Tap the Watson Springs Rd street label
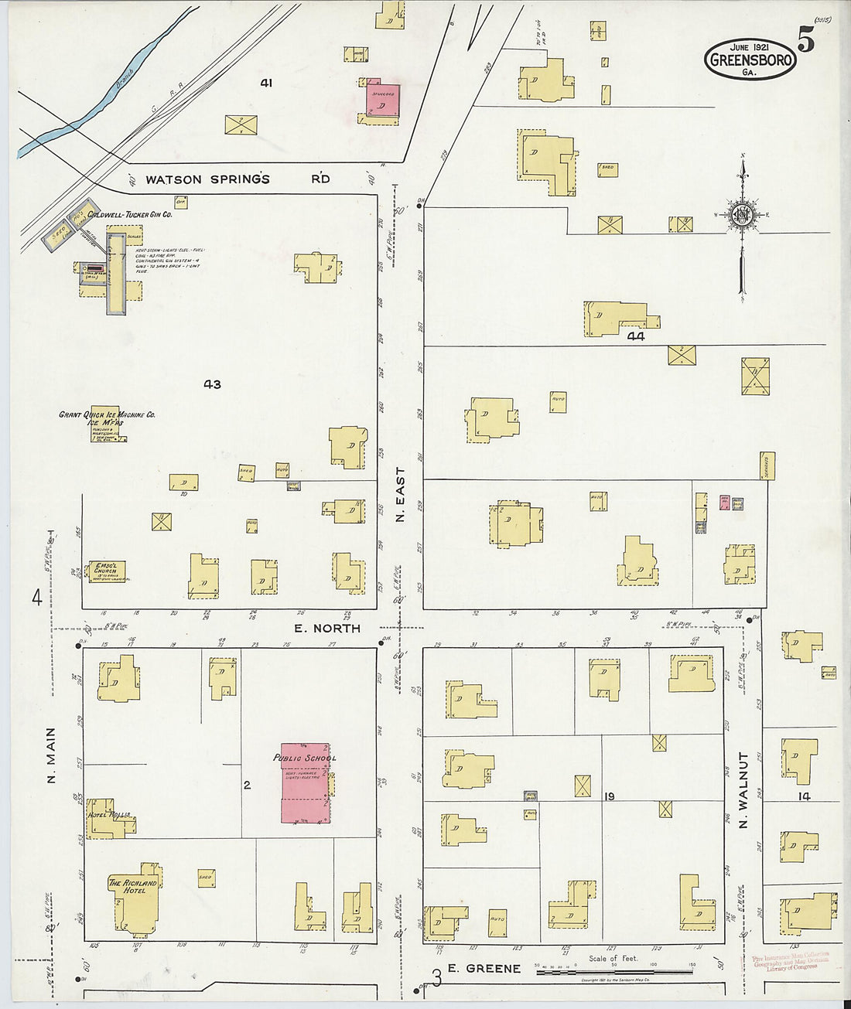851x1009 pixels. coord(238,179)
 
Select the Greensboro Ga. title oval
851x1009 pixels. coord(750,59)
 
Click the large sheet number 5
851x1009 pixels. coord(805,40)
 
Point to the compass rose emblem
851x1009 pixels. coord(742,215)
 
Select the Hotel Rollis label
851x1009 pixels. coord(108,815)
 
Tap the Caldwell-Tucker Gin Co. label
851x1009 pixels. coord(129,214)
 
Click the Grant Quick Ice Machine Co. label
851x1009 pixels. coord(107,415)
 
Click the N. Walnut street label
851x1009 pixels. coord(743,790)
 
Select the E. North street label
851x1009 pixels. coord(326,629)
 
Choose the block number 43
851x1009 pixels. coord(212,384)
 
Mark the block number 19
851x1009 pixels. coord(610,796)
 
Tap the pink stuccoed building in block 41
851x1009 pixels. coord(383,101)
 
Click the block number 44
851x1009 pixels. coord(636,336)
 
